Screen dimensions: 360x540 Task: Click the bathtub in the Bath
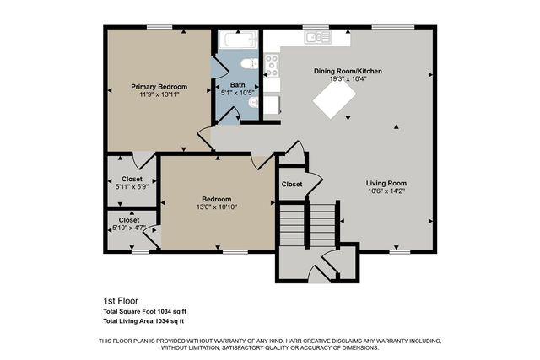click(240, 40)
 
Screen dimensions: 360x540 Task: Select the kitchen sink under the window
click(317, 36)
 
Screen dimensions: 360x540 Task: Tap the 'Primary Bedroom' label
click(159, 86)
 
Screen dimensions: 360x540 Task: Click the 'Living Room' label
click(386, 183)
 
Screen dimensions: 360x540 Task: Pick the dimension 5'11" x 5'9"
click(132, 186)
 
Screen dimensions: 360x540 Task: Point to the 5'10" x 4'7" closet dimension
click(131, 228)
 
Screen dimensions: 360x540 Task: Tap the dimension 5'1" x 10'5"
click(238, 92)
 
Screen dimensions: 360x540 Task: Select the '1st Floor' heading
click(120, 299)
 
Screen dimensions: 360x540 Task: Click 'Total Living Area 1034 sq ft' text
click(143, 321)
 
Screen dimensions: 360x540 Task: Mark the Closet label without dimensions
click(292, 184)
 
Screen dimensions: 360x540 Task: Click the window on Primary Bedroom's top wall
click(159, 27)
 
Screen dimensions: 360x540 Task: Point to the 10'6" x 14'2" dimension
click(386, 191)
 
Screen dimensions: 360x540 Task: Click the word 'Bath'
click(238, 84)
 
